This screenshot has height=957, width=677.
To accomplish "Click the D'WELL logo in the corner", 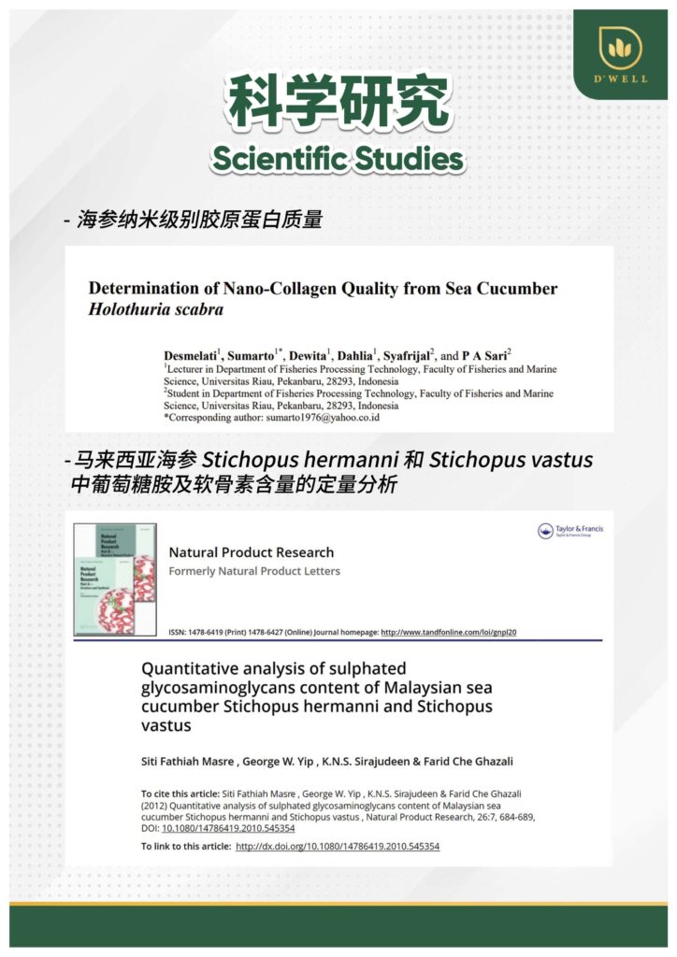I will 620,54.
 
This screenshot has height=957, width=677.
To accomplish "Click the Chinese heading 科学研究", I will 338,104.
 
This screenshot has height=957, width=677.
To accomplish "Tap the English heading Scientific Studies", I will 338,160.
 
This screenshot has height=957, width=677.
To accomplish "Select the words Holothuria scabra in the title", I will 155,310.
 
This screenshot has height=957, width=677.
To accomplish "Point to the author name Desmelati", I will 184,355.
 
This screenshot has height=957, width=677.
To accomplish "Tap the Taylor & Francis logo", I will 569,532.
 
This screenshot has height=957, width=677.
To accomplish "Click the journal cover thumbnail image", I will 115,579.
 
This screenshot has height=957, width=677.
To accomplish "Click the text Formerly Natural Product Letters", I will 254,571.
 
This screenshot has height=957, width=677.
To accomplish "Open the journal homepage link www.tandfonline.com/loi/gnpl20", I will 449,633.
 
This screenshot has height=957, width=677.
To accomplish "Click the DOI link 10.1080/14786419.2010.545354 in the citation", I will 228,828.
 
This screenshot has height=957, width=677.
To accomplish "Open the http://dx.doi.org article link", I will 337,847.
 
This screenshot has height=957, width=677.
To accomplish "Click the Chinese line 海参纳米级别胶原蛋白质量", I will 200,221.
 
